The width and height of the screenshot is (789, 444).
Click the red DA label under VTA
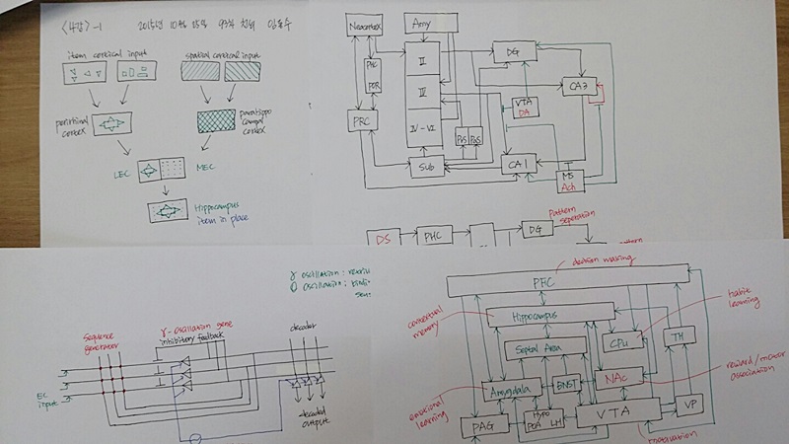tap(525, 114)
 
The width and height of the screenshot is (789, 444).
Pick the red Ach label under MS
tap(569, 185)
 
